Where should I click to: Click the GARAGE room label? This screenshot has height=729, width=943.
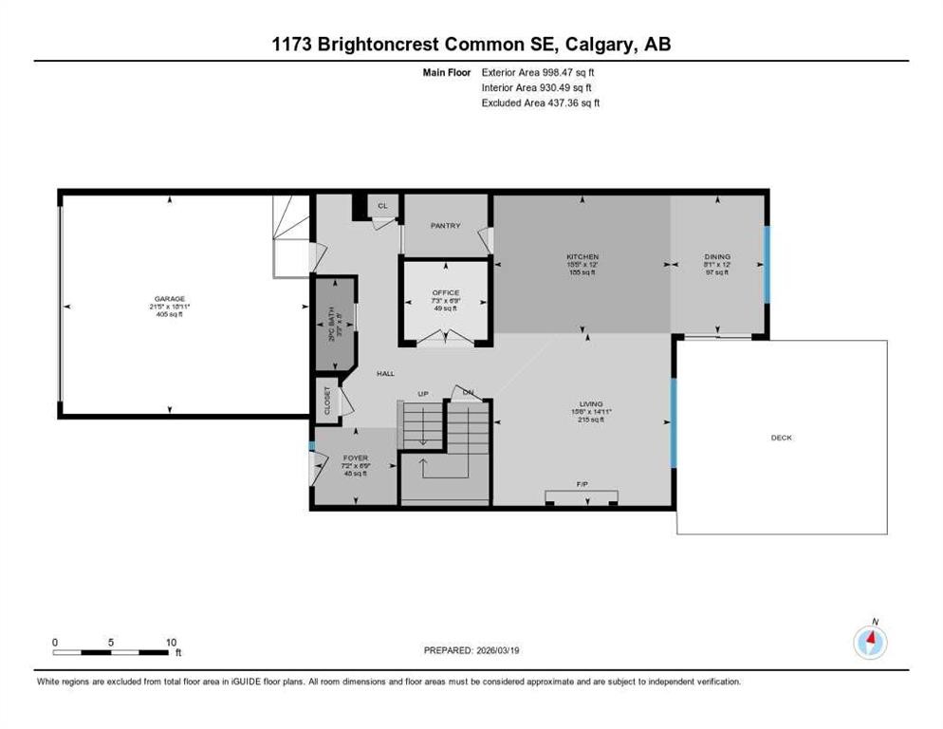pos(171,298)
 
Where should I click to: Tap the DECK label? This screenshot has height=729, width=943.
pos(781,438)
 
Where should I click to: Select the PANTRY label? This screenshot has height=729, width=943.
pos(445,226)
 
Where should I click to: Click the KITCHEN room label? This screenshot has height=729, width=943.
pos(582,257)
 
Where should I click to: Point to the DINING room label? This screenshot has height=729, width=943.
pos(717,257)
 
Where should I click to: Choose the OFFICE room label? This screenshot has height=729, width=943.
pos(445,292)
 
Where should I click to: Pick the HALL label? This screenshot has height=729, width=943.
pos(385,374)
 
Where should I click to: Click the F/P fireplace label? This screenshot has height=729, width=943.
pos(582,484)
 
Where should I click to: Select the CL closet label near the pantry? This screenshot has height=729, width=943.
pos(383,205)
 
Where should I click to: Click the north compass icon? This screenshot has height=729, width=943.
pos(870,643)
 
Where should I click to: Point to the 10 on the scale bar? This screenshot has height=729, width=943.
pos(172,642)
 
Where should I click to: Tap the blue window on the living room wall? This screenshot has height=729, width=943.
pos(674,422)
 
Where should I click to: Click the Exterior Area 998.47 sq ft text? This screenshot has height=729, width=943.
pos(538,71)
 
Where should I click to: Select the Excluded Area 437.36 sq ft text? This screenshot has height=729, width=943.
pos(541,103)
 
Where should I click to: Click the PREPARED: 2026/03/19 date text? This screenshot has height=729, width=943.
pos(471,650)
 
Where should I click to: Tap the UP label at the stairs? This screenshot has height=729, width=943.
pos(424,394)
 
